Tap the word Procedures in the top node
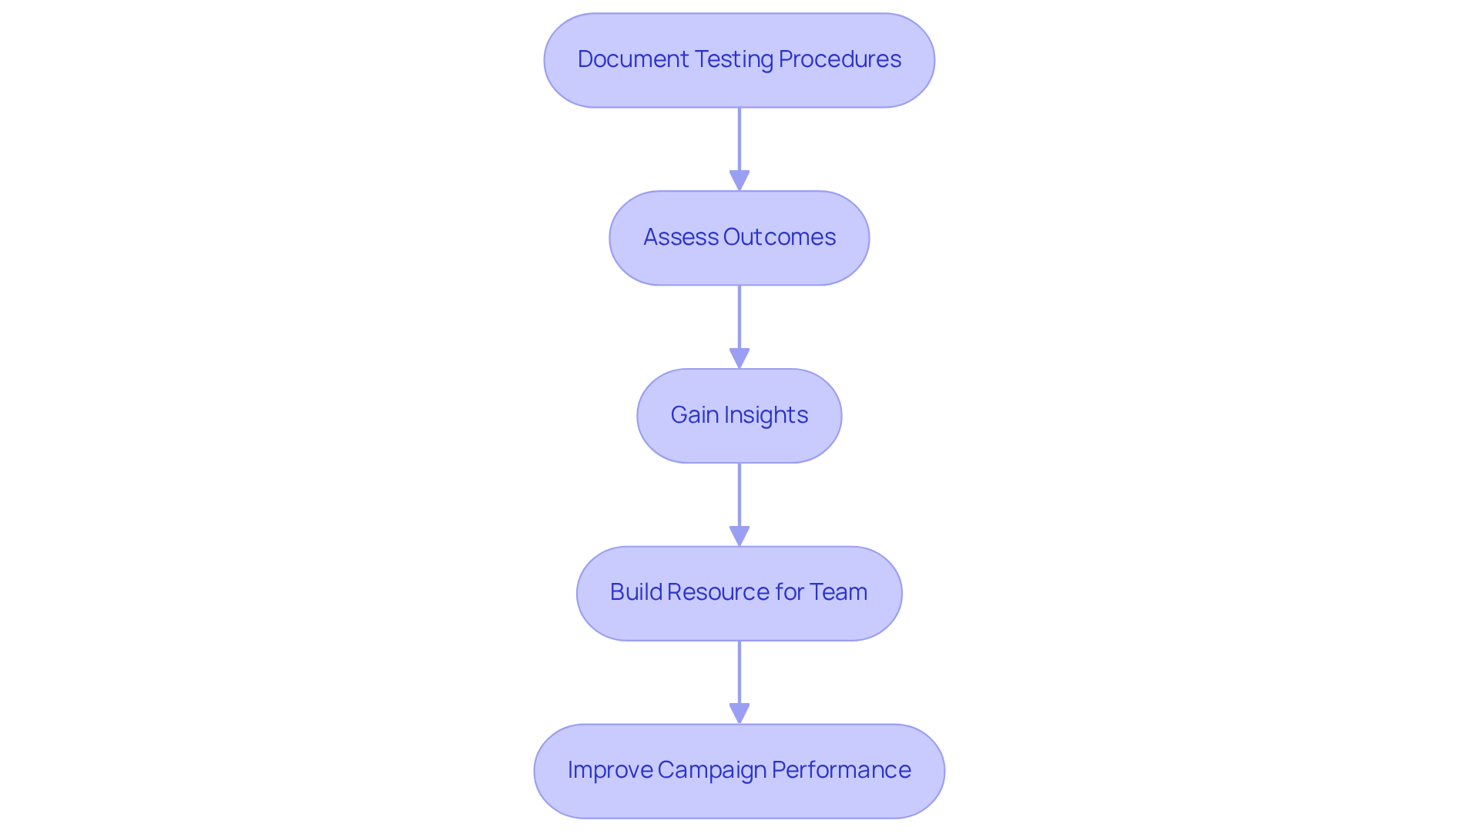(840, 59)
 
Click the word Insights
(766, 415)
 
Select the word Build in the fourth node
(636, 592)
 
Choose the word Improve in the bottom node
(609, 770)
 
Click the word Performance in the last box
(841, 770)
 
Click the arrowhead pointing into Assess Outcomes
(739, 181)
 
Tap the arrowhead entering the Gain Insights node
(739, 359)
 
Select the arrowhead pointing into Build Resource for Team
(739, 537)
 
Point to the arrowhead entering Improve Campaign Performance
(739, 714)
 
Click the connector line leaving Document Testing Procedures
(739, 139)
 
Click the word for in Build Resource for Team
(789, 592)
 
